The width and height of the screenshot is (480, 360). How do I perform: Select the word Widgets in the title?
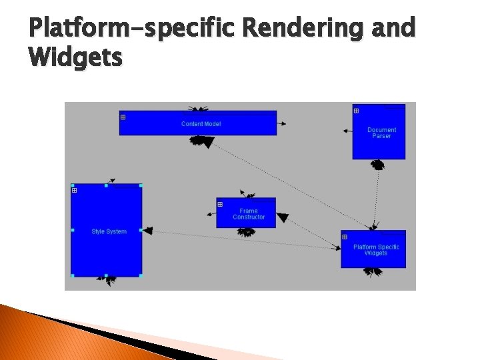(x=76, y=57)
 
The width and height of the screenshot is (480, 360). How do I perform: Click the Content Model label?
(x=201, y=124)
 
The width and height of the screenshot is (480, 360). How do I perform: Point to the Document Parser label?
(x=381, y=133)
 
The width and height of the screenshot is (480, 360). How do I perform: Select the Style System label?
(x=109, y=232)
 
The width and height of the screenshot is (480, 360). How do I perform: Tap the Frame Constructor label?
(x=249, y=214)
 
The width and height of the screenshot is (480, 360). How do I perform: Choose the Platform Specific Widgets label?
(x=376, y=250)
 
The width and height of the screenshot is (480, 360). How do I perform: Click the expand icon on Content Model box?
(x=123, y=117)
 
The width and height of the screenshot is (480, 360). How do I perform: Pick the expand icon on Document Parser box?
(x=356, y=111)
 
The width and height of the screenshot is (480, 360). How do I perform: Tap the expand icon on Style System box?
(x=74, y=191)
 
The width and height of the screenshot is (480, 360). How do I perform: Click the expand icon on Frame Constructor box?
(x=220, y=204)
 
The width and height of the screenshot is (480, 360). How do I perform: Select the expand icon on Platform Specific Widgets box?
(x=345, y=237)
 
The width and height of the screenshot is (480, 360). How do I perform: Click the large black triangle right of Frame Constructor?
(x=283, y=217)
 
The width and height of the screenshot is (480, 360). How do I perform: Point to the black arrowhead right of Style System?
(x=147, y=231)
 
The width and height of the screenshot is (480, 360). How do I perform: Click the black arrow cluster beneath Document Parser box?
(x=378, y=164)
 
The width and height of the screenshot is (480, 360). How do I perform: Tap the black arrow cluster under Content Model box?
(x=201, y=141)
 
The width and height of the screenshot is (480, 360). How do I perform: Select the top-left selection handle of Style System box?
(x=72, y=185)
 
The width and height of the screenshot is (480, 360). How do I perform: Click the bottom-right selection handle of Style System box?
(x=141, y=275)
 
